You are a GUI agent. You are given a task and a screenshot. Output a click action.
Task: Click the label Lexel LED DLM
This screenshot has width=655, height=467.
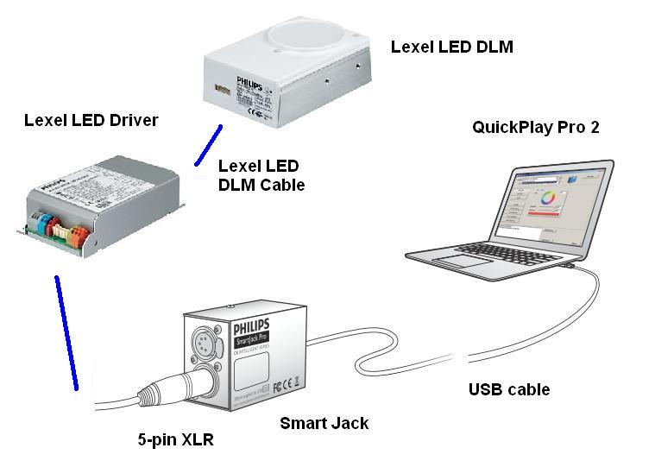coord(451,47)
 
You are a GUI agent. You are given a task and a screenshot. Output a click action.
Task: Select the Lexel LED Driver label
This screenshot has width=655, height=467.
coord(91,120)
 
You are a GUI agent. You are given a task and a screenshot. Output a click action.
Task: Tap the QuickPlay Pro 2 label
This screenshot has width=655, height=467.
coord(535,128)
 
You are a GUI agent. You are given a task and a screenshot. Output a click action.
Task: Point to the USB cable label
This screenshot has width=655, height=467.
coord(508,389)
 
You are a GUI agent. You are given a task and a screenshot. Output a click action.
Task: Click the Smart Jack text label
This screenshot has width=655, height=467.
coord(324,423)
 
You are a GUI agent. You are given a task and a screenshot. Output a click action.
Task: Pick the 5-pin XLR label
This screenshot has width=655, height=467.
coord(174,440)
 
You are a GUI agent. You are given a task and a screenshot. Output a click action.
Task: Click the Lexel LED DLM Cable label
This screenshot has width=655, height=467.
coord(261,174)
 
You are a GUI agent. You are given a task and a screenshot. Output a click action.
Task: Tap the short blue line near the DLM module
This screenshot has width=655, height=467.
coord(208,145)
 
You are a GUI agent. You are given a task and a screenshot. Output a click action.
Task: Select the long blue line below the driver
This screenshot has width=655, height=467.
coord(66,332)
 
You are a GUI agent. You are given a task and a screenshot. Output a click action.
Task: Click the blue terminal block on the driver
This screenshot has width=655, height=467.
coord(38,223)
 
